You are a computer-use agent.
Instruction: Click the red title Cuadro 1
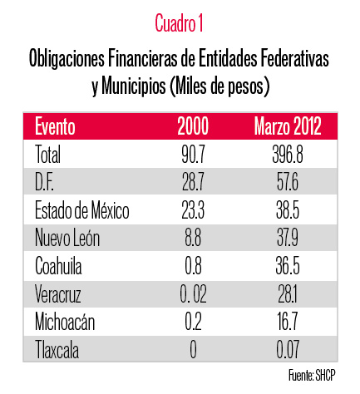coord(179,23)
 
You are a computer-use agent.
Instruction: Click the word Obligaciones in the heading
coord(67,59)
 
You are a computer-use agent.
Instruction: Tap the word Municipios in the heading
coord(134,86)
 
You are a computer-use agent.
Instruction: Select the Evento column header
coord(55,126)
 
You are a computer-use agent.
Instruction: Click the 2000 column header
coord(193,126)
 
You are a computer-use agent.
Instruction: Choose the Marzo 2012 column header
coord(288,126)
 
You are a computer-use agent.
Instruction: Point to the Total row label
coord(47,155)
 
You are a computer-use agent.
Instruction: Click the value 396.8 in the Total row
coord(288,155)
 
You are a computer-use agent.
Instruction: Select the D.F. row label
coord(44,182)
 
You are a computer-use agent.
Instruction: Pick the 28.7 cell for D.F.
coord(193,182)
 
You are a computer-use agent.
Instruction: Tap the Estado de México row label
coord(82,210)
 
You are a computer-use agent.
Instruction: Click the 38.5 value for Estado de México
coord(288,210)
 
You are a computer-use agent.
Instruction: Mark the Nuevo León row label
coord(67,238)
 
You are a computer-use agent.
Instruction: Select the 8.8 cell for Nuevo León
coord(193,238)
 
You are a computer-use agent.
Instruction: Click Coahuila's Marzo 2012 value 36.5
coord(288,266)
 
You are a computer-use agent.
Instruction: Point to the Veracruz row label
coord(58,294)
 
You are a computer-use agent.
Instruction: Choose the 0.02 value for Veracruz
coord(193,294)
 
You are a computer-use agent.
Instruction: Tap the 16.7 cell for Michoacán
coord(288,322)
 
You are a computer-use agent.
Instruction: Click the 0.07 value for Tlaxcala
coord(288,350)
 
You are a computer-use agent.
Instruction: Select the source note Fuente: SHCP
coord(312,376)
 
